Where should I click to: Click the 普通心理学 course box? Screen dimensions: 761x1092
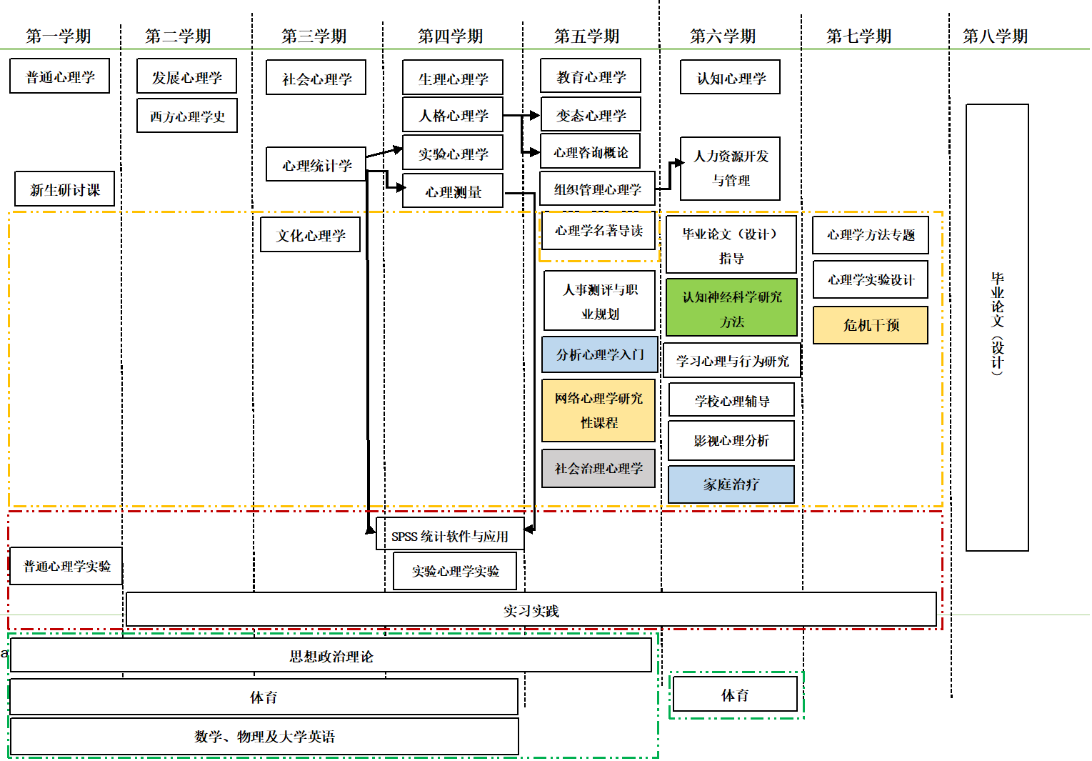pos(60,76)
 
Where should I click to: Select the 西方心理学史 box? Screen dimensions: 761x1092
pos(187,116)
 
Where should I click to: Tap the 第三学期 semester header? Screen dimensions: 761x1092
pos(314,36)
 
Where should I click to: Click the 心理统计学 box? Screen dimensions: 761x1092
pos(316,165)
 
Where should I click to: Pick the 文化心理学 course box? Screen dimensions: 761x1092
pos(311,235)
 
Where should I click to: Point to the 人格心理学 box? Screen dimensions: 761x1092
pos(453,115)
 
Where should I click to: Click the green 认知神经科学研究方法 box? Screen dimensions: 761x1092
pos(731,308)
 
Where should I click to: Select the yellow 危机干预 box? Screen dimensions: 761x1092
pos(871,325)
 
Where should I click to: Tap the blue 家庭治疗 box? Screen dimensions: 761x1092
pos(731,484)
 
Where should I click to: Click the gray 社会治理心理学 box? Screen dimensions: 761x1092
pos(598,468)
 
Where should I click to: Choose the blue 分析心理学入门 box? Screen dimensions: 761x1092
pos(600,354)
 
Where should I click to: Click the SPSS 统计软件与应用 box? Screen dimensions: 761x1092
pos(450,535)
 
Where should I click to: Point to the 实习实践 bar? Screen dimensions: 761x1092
pos(531,610)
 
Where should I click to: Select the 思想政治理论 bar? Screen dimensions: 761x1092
pos(331,656)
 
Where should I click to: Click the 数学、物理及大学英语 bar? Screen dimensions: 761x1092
pos(264,736)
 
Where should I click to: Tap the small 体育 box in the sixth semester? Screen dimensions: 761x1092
pos(735,695)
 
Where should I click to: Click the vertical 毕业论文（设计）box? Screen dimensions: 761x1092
pos(997,327)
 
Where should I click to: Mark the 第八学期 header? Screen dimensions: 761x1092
pos(995,36)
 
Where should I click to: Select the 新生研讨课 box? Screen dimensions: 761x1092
pos(65,189)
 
